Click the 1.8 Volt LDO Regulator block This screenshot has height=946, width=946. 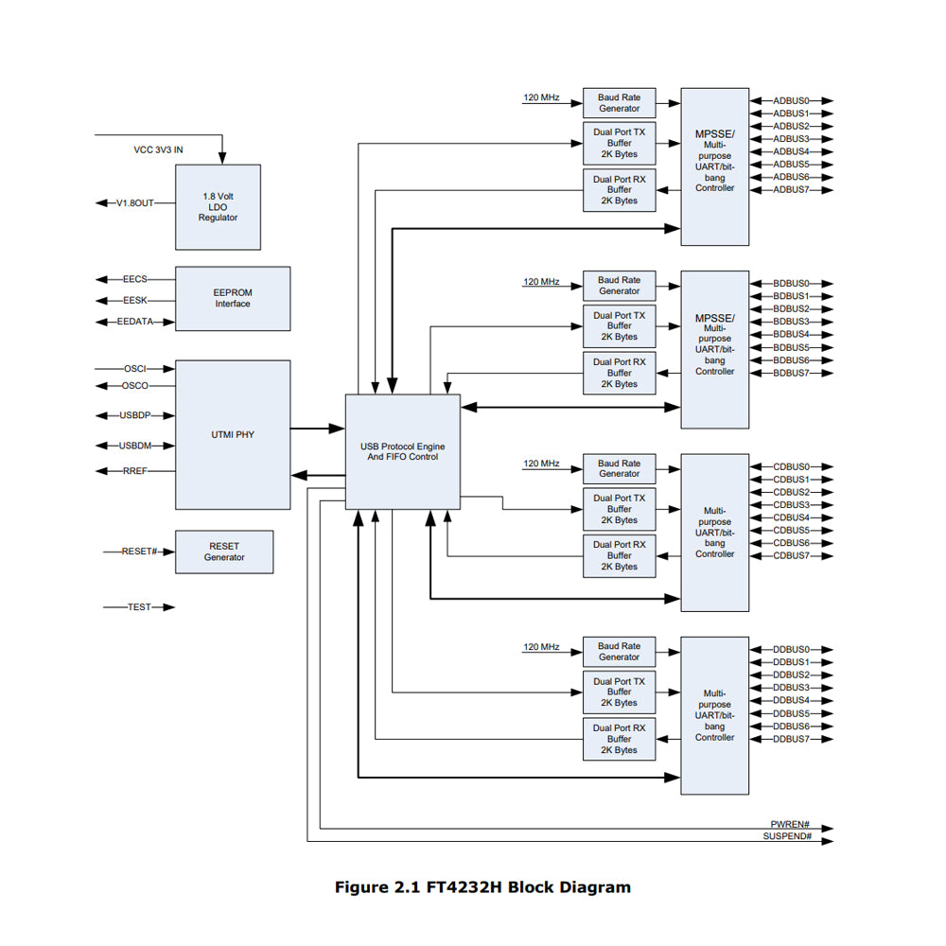(218, 207)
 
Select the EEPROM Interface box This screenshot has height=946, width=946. (233, 298)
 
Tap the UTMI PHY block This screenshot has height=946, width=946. (233, 435)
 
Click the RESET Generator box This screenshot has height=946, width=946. (224, 552)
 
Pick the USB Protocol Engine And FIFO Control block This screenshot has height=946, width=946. (402, 451)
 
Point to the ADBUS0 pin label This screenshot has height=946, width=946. (791, 100)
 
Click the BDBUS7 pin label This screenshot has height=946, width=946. (791, 373)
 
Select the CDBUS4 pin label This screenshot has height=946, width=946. (791, 517)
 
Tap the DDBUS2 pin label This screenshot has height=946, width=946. (791, 674)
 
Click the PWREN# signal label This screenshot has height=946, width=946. (791, 825)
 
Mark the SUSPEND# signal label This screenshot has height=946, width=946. (787, 837)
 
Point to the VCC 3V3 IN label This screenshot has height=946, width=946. (158, 149)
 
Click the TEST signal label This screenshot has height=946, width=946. (139, 607)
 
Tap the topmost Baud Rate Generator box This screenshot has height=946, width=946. (619, 103)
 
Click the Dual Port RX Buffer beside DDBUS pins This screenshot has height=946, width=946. (619, 739)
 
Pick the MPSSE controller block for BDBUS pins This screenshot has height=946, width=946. (714, 350)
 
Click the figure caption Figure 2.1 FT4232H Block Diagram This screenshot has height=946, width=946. (482, 887)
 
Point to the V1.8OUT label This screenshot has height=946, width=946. (134, 202)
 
